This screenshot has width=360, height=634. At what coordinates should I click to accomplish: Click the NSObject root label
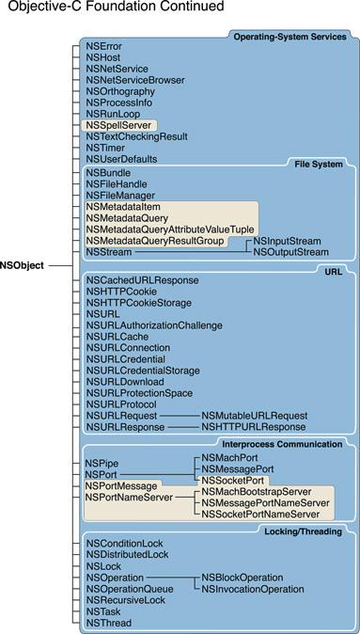coord(23,266)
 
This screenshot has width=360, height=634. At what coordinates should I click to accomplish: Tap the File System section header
coord(321,164)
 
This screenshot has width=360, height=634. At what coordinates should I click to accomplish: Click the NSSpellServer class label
coord(117,125)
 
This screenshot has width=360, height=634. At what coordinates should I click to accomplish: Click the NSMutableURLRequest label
coord(254,415)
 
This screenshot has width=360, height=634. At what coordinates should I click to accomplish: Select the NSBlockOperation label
coord(243,578)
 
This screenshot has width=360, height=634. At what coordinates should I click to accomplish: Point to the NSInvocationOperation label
coord(252,589)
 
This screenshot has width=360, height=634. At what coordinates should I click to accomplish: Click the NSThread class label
coord(108,623)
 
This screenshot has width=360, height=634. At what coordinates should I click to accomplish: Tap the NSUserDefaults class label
coord(121,159)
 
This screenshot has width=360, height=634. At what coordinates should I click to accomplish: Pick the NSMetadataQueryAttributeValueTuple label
coord(169,230)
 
